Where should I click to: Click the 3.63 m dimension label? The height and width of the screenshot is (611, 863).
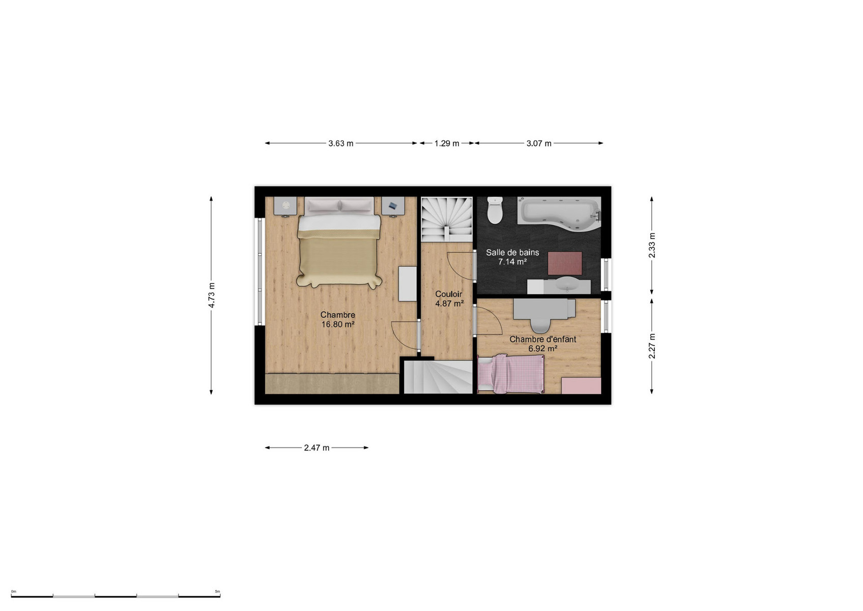point(340,144)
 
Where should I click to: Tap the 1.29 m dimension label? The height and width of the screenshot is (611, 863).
point(447,144)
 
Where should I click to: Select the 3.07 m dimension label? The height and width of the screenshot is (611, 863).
point(539,144)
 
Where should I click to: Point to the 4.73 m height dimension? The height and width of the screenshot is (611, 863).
point(212,295)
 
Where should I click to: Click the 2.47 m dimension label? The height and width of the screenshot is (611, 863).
point(317,448)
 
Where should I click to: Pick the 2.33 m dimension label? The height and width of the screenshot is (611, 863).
point(652,245)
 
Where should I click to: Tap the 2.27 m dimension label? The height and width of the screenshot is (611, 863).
point(652,346)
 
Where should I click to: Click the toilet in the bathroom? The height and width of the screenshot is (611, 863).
point(495,210)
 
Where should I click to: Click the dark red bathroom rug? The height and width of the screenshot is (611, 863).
point(565,263)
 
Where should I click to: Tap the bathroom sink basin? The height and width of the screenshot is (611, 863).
point(567,285)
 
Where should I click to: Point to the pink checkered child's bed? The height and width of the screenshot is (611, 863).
point(511,374)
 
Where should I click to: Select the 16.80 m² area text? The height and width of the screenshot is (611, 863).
point(338,324)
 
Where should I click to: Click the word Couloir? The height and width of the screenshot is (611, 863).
point(449,294)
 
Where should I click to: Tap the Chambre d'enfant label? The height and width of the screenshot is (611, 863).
point(543,339)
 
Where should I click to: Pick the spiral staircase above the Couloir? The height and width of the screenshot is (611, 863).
point(447,219)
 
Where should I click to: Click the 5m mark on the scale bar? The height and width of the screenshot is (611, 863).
point(217,591)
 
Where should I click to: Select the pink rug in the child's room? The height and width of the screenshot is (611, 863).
point(581,385)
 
